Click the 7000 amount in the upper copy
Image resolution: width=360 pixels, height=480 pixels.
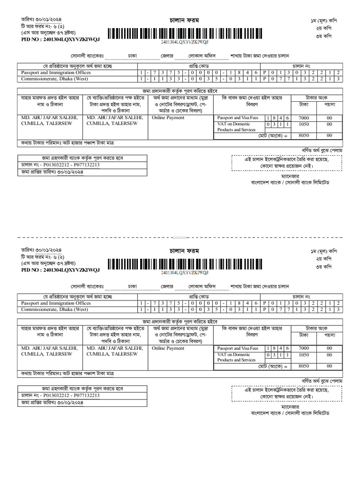304,118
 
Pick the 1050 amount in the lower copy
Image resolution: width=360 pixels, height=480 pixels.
304,355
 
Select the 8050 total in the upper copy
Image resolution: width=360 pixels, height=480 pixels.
304,135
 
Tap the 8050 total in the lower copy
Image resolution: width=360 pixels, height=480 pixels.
304,366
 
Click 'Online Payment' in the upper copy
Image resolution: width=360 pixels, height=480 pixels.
168,118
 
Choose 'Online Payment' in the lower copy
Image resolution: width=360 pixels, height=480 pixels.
168,348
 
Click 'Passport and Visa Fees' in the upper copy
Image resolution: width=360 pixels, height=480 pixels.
238,118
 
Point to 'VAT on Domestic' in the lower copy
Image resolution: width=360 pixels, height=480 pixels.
233,354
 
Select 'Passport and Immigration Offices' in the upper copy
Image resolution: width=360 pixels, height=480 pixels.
56,73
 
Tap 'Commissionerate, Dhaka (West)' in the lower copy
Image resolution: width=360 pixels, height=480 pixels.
54,309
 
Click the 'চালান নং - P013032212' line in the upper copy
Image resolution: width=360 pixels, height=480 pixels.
60,165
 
